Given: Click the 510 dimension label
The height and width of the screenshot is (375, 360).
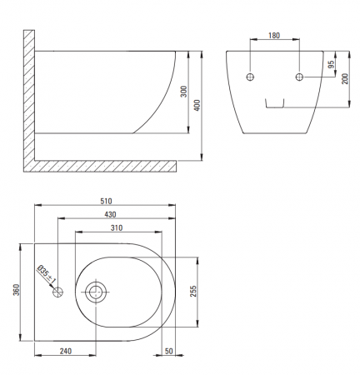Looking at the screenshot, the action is pos(106,201).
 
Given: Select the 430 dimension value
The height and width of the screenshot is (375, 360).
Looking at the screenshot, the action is pos(110,214).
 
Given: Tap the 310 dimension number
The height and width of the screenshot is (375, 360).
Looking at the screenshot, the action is pos(117,227).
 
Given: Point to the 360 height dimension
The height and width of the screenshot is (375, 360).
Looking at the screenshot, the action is pos(17,290).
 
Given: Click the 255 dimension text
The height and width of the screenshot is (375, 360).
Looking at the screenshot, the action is pos(193,291).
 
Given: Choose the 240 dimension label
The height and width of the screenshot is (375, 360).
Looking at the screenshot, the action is pos(66,351).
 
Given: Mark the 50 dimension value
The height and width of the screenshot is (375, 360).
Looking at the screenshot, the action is pos(169,351).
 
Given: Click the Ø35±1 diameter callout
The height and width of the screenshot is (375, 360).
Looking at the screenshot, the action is pos(47,275).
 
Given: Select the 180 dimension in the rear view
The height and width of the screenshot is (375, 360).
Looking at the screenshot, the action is pos(274,36).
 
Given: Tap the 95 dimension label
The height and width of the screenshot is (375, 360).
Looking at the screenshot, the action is pos(331,64).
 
